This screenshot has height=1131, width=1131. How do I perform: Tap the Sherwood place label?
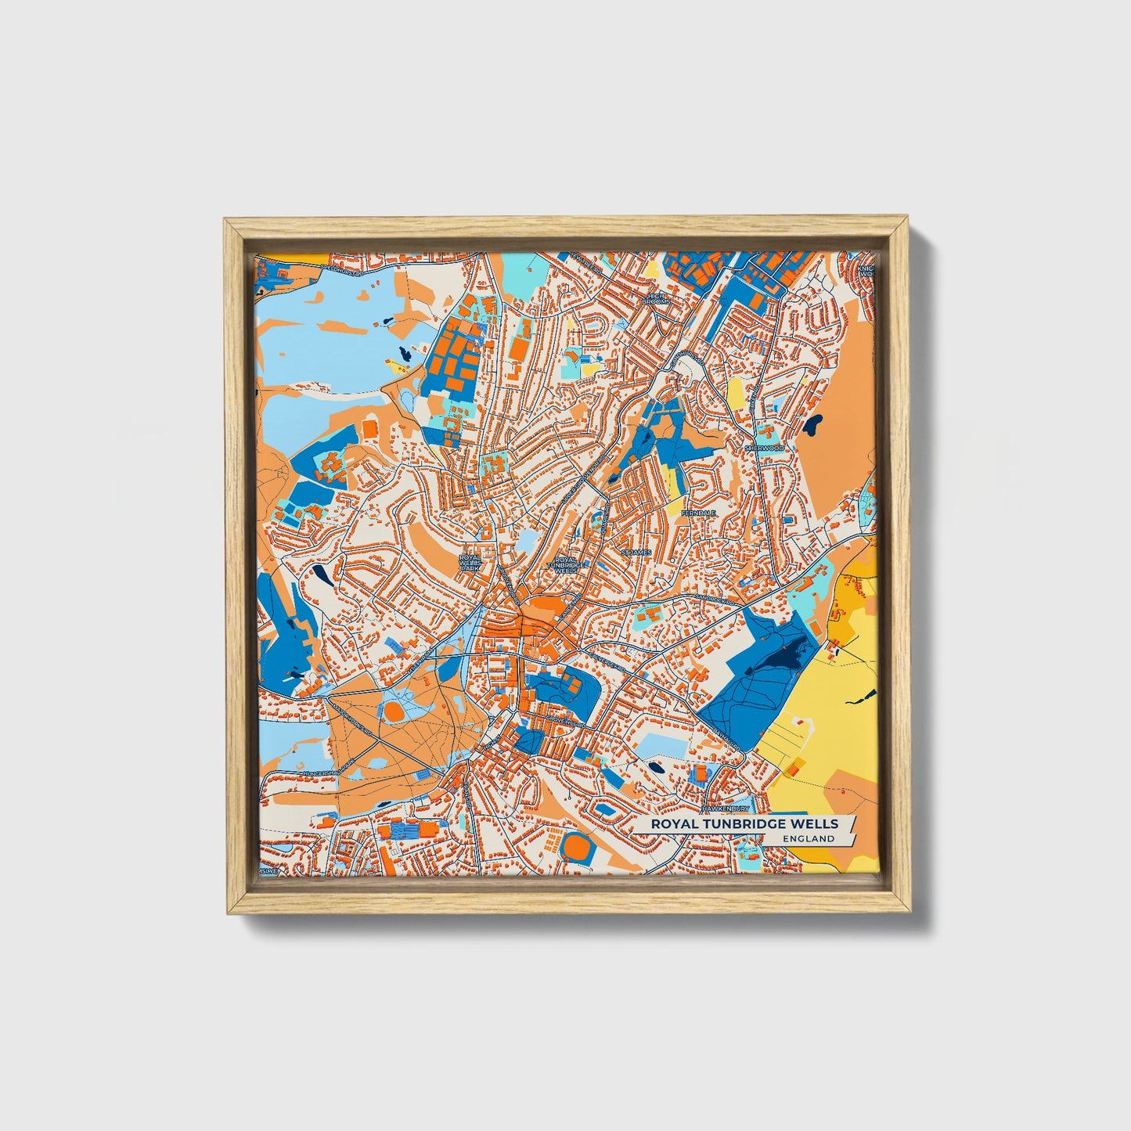(x=764, y=448)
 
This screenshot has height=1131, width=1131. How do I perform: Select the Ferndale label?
(x=698, y=513)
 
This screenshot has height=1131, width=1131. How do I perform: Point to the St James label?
(x=636, y=553)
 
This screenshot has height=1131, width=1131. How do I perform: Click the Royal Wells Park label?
(x=470, y=562)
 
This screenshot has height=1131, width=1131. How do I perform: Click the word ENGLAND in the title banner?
(x=809, y=838)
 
